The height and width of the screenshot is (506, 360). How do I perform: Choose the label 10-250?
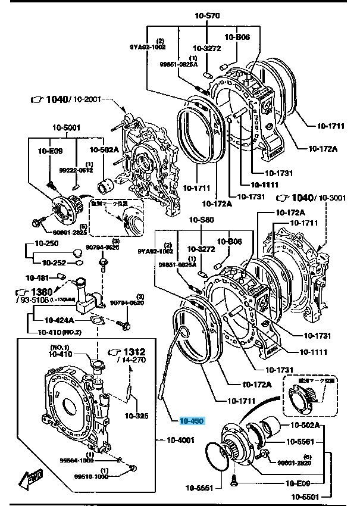point(46,243)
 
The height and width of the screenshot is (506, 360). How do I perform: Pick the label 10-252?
point(55,262)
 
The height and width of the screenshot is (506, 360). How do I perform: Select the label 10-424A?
point(61,320)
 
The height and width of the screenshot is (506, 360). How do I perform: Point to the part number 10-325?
point(137,416)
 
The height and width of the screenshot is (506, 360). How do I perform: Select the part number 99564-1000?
point(76,460)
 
